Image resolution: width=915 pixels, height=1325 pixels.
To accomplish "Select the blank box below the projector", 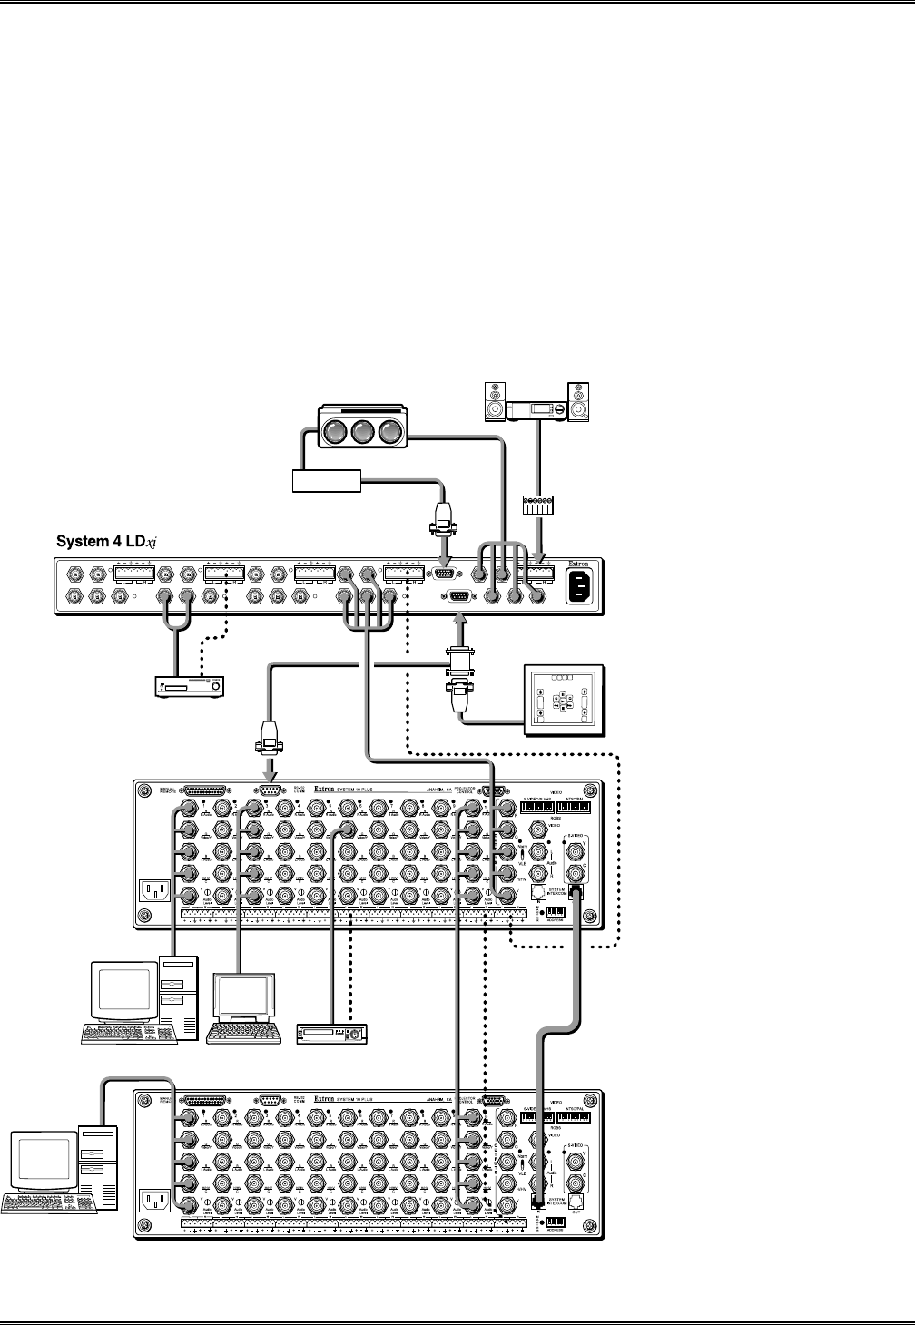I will click(326, 480).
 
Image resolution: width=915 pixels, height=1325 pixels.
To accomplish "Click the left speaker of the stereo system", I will click(495, 404).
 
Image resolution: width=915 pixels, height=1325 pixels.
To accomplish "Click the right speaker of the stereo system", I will click(577, 404).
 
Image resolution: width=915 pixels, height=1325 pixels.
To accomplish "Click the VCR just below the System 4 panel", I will click(187, 686).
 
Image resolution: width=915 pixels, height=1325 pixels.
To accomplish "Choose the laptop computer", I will click(241, 1007).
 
